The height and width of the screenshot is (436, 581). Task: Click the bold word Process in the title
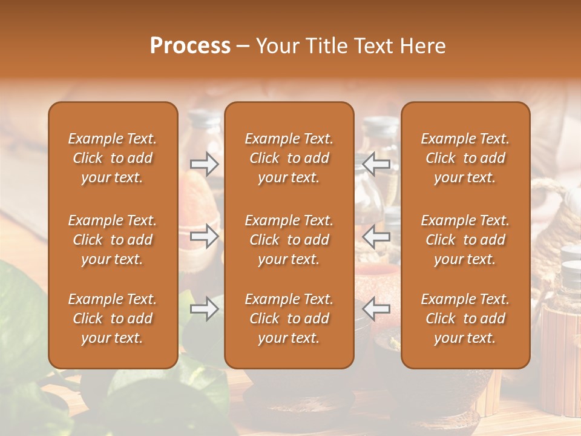pos(190,46)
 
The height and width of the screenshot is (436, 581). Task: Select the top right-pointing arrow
pos(205,163)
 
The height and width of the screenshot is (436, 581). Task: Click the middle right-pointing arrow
pos(205,236)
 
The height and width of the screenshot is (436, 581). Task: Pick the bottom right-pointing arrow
pos(205,309)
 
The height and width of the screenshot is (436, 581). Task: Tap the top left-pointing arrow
pos(376,163)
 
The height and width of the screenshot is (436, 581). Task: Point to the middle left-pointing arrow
pos(376,236)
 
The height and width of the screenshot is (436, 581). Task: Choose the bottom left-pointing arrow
pos(376,309)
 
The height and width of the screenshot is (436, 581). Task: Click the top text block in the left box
pos(113,158)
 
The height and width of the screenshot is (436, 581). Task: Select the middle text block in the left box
pos(113,240)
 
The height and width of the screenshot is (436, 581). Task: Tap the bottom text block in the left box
pos(113,319)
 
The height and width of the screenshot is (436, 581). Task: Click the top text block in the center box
pos(289,158)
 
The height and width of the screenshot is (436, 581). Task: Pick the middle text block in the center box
pos(289,240)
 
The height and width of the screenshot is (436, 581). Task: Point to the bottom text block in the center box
pos(289,319)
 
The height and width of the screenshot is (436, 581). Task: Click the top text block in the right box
pos(465,158)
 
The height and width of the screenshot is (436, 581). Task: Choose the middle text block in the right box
pos(465,240)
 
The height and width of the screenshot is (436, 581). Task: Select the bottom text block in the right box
pos(465,319)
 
